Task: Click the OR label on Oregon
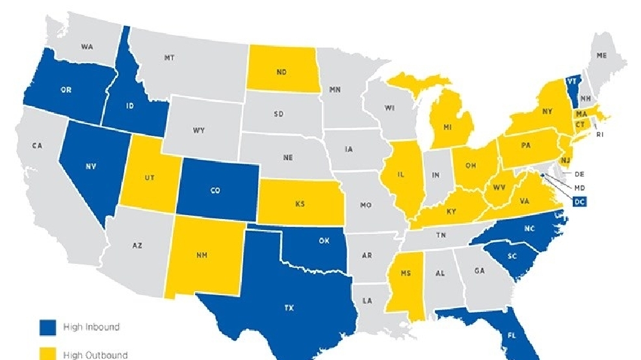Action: coord(66,90)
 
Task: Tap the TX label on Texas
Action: coord(289,308)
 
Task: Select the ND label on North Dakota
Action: coord(281,72)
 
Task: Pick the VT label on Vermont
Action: coord(571,82)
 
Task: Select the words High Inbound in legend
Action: coord(91,327)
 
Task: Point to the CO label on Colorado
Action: coord(215,192)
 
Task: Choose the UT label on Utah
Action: coord(150,178)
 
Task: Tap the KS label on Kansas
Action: coord(300,204)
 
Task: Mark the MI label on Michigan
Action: coord(448,127)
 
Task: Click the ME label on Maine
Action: coord(602,56)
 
